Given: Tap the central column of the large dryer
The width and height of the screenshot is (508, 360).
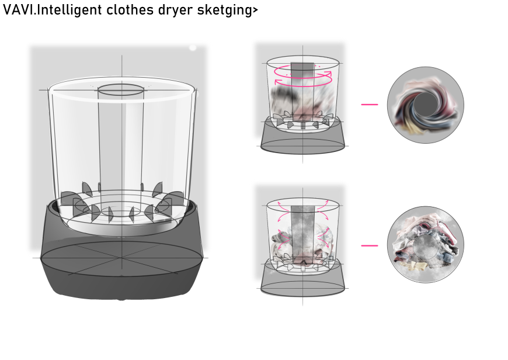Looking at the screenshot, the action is [x=120, y=146].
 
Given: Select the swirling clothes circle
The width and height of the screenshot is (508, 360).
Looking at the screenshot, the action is [x=426, y=105].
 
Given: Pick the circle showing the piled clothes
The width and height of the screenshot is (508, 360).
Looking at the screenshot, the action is [x=426, y=244].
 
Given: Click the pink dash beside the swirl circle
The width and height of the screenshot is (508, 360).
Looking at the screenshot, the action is [x=370, y=105].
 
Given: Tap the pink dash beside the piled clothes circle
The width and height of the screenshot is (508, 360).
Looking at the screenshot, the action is [x=370, y=245].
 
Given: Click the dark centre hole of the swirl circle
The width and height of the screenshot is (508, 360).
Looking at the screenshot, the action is [x=425, y=105].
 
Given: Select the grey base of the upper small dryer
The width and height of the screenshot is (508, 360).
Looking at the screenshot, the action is [x=303, y=138].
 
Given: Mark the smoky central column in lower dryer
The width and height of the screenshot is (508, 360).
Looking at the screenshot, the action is [x=302, y=234].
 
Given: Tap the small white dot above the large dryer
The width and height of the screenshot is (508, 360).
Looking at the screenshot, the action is [x=193, y=48].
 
